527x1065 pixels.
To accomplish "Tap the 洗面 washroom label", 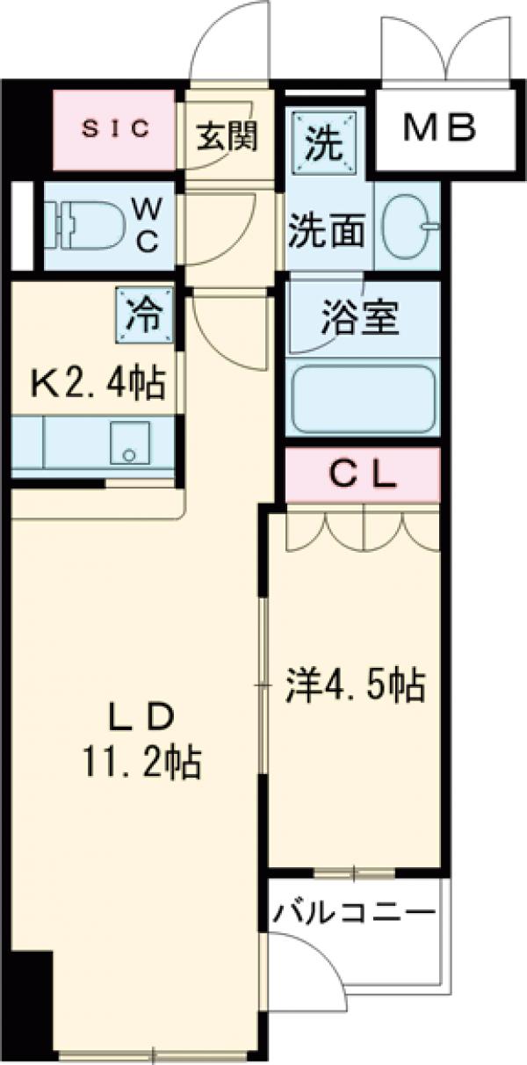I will click(x=328, y=230).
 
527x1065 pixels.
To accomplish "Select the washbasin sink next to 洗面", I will click(x=408, y=227).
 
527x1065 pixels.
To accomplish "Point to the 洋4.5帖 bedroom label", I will click(x=355, y=684).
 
